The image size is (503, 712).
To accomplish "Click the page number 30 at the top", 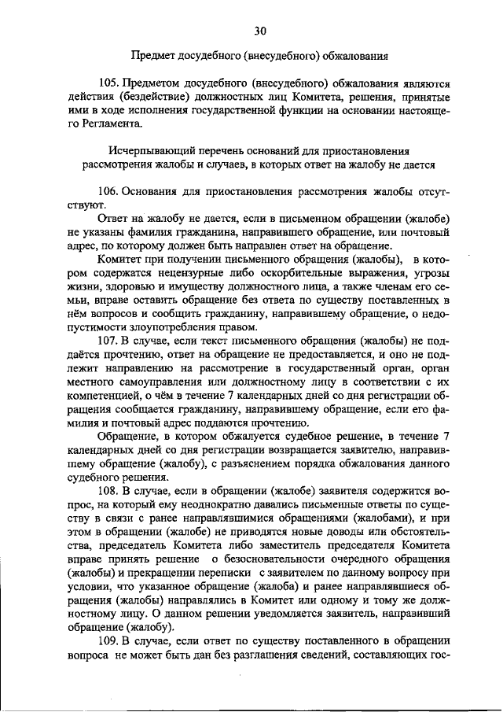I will (x=260, y=31).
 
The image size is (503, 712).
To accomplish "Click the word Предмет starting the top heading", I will (x=152, y=55).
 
